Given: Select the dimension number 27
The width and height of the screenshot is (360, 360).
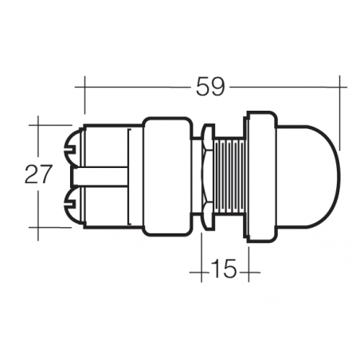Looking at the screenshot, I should coord(37,175).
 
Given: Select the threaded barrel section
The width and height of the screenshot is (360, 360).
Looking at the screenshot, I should coord(229,175).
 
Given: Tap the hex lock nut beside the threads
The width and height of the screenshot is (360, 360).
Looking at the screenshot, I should coord(205,175).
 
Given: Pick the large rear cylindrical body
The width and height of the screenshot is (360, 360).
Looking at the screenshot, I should coord(166,175).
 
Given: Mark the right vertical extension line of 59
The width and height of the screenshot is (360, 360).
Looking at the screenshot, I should coord(340,112).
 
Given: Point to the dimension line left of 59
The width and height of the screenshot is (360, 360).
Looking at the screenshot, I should coord(135,85).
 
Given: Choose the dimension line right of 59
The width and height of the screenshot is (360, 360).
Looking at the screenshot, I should coord(287,85).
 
